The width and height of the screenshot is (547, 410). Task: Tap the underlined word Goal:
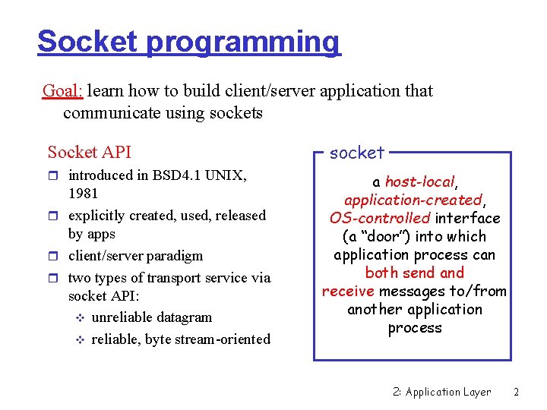(63, 91)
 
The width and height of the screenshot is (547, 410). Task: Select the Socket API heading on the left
(89, 153)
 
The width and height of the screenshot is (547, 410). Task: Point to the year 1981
(84, 194)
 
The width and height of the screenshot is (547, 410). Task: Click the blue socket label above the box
(357, 153)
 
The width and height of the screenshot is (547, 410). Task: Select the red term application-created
(413, 200)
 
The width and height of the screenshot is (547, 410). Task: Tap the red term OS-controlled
(380, 219)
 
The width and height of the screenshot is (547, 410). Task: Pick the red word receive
(348, 292)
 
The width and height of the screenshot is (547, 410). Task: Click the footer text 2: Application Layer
(441, 392)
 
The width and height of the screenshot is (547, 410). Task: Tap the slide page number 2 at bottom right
(516, 392)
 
